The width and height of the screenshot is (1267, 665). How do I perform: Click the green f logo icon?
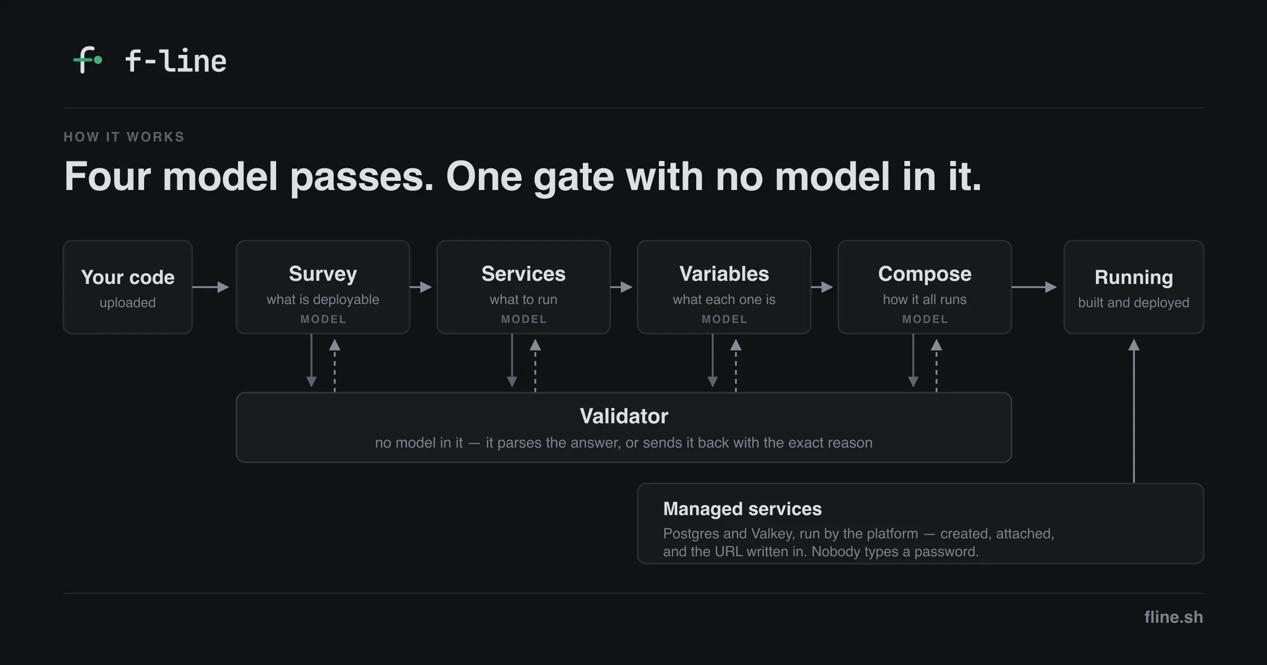[x=87, y=60]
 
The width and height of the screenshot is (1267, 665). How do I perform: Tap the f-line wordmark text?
[x=176, y=61]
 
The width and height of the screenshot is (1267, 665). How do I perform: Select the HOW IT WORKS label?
[x=124, y=137]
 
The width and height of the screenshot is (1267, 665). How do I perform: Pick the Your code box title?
[x=128, y=277]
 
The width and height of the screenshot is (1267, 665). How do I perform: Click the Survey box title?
[x=323, y=274]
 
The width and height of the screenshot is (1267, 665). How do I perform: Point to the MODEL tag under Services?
[x=524, y=319]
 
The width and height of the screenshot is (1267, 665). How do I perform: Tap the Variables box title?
[x=724, y=274]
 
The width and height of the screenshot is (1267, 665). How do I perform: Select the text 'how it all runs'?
[x=925, y=299]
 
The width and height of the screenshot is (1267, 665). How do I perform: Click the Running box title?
[x=1134, y=277]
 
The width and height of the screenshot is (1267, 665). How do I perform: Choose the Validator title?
[x=624, y=416]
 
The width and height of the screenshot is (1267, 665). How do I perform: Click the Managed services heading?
[x=742, y=509]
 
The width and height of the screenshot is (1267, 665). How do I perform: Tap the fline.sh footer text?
[x=1174, y=617]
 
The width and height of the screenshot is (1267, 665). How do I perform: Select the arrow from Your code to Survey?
[x=211, y=287]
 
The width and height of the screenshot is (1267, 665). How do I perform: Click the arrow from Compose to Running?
[x=1034, y=287]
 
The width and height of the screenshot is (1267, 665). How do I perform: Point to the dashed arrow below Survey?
[x=335, y=366]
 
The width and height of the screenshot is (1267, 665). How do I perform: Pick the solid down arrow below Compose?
[x=913, y=360]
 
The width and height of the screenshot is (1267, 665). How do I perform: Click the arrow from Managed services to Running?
[x=1134, y=411]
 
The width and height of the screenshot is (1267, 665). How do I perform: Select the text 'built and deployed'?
[x=1134, y=302]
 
